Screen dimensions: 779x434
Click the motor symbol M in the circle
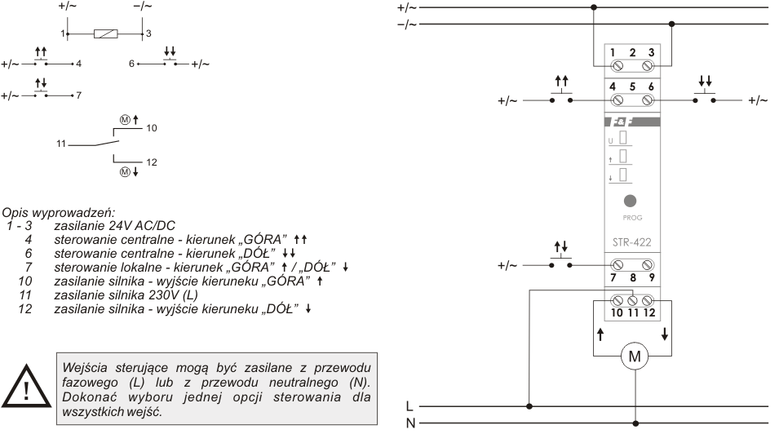635,356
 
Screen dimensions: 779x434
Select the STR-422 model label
631,242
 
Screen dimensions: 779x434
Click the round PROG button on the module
630,201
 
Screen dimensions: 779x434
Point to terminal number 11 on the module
633,312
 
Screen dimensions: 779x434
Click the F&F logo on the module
618,122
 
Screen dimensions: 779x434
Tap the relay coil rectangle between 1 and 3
106,33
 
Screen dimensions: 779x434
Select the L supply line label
409,406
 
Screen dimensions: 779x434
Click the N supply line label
410,423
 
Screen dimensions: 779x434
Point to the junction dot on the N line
635,423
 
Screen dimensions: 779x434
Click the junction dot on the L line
529,406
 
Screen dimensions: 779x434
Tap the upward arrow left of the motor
600,334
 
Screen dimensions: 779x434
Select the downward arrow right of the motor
665,334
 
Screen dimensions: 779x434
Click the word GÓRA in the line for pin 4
263,240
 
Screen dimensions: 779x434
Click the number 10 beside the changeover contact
152,128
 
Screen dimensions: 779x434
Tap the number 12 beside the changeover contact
152,162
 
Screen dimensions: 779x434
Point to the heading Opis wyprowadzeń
58,213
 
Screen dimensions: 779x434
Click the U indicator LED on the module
623,138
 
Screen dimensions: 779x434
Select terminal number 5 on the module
632,86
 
